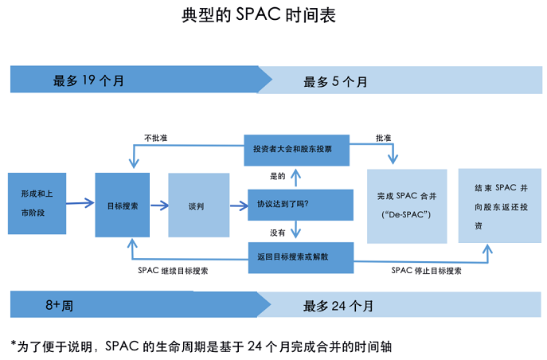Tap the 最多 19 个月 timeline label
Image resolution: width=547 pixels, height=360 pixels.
(x=88, y=80)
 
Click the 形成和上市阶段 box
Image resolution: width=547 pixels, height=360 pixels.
(x=37, y=203)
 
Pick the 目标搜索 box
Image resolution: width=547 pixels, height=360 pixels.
(x=122, y=205)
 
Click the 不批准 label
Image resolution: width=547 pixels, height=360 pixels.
(x=155, y=138)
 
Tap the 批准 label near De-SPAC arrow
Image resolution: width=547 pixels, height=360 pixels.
(x=383, y=138)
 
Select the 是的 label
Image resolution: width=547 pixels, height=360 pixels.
(x=278, y=175)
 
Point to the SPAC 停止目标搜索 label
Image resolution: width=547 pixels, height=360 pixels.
(x=426, y=271)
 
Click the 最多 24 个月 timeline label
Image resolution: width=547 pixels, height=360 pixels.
(x=338, y=306)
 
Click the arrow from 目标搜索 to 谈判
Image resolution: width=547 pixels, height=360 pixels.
(x=158, y=205)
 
